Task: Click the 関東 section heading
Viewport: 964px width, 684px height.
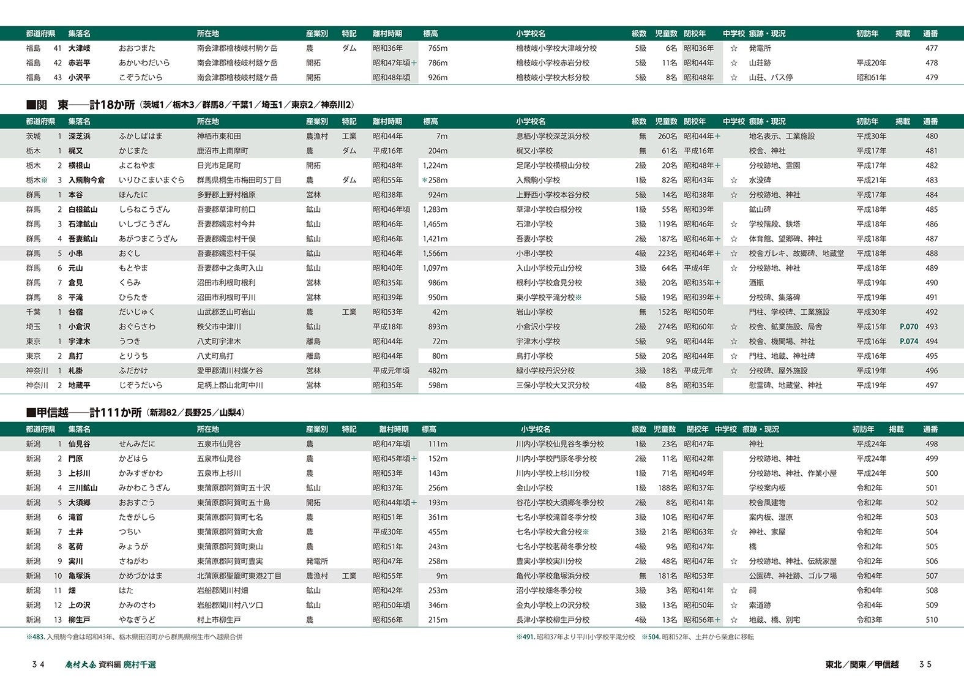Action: (x=80, y=105)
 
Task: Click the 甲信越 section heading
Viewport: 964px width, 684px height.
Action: (x=84, y=413)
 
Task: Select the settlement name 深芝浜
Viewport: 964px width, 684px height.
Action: (x=80, y=137)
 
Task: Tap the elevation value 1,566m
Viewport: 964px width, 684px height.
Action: (x=435, y=254)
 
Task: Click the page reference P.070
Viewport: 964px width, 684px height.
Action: (x=909, y=327)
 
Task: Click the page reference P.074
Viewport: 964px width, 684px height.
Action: (x=909, y=342)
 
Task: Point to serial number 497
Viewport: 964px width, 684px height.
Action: (x=931, y=386)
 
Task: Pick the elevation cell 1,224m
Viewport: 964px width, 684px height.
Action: (x=435, y=166)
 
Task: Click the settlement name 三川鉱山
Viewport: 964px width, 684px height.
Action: (x=83, y=488)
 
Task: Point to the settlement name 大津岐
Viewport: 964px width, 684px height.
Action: (x=80, y=48)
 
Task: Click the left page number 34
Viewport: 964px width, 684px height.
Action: (x=39, y=664)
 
